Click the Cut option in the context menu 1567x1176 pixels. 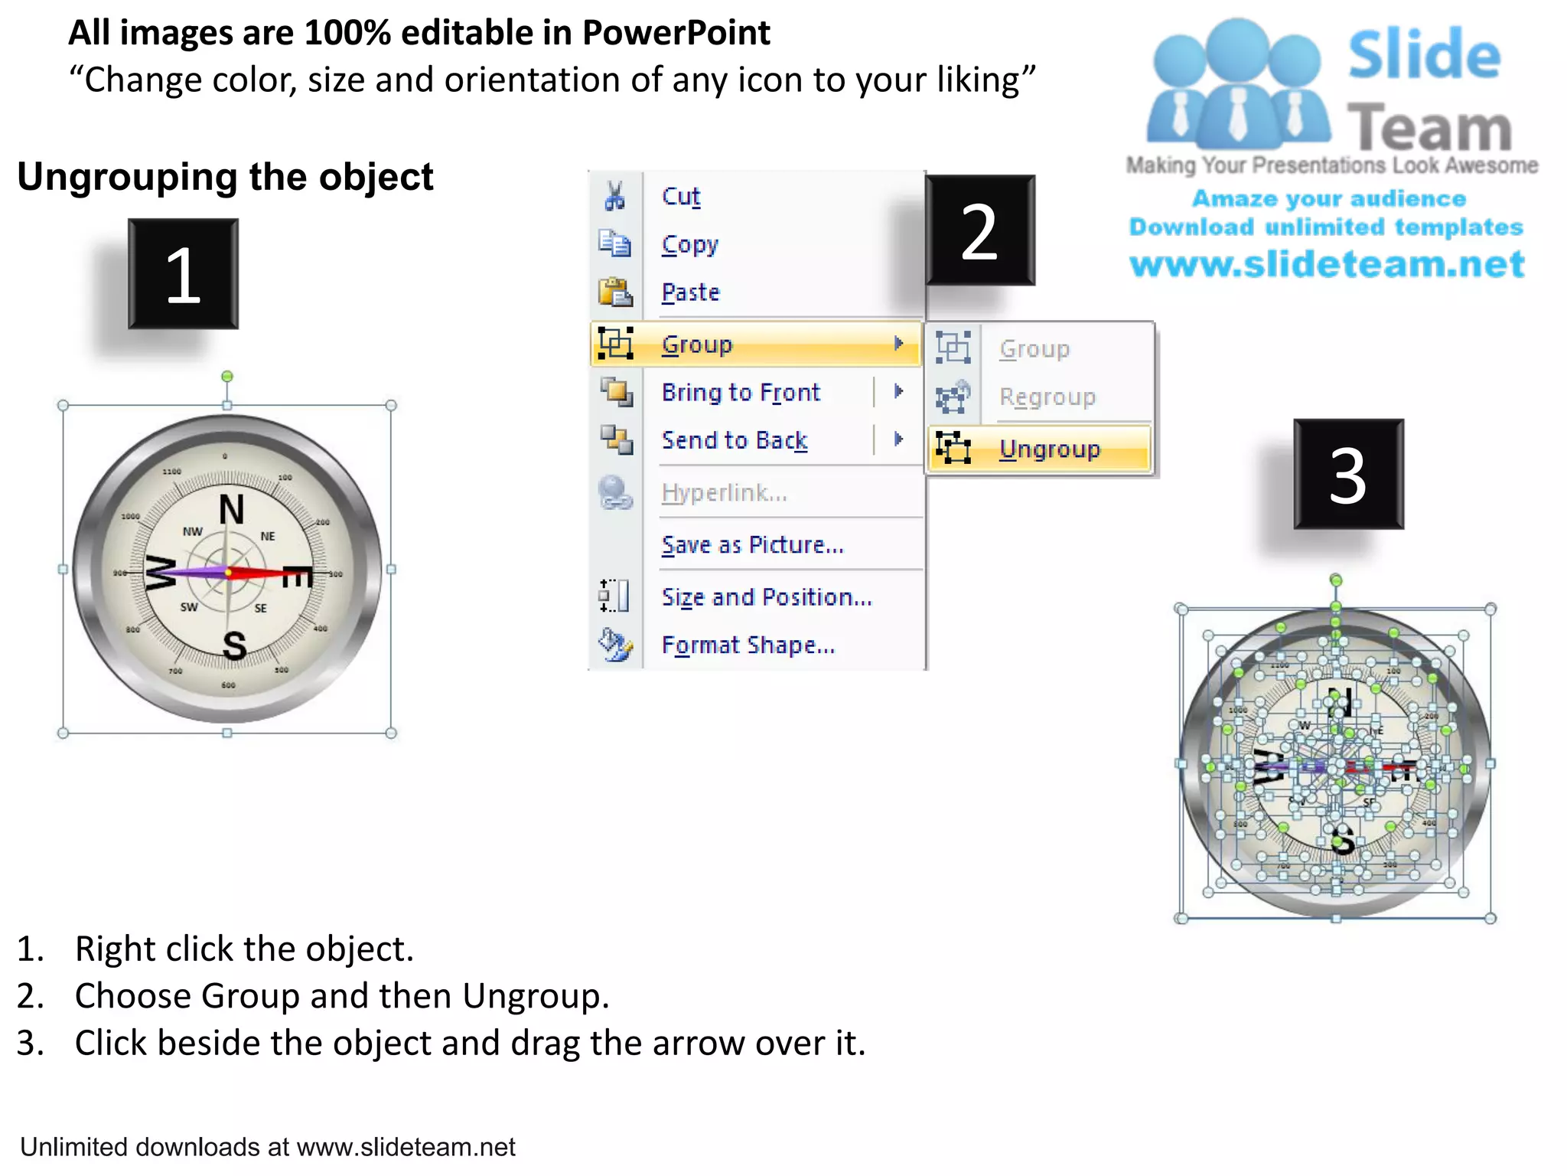tap(681, 197)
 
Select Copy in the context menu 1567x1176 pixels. tap(690, 244)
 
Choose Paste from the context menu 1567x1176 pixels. tap(691, 292)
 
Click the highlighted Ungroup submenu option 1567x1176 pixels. tap(1049, 449)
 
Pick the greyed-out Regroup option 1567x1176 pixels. tap(1047, 397)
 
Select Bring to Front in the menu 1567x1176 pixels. tap(741, 392)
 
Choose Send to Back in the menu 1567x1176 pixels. tap(735, 440)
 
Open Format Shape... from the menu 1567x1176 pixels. tap(748, 645)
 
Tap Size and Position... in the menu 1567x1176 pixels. tap(767, 596)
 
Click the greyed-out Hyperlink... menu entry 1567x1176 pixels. tap(724, 492)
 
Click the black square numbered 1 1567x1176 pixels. tap(183, 274)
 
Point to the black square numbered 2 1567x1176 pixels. tap(979, 230)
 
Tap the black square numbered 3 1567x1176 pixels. tap(1348, 474)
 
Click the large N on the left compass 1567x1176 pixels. tap(231, 510)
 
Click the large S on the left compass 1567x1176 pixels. tap(235, 645)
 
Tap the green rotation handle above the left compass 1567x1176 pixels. tap(227, 377)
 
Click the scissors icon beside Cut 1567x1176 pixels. tap(614, 196)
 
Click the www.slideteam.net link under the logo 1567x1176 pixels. tap(1327, 264)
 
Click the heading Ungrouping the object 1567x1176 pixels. tap(225, 177)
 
